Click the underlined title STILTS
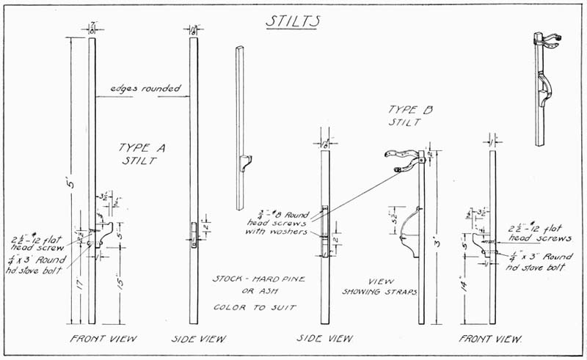pos(291,21)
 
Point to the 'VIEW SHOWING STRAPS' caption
pos(379,285)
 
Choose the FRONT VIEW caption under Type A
pos(103,339)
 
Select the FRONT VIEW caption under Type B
pos(490,339)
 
